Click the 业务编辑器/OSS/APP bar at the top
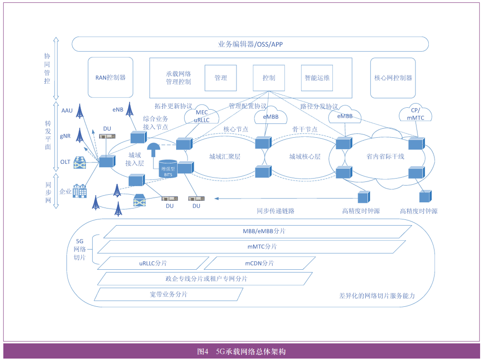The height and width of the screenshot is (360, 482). pos(250,44)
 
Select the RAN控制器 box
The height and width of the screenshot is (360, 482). pos(111,77)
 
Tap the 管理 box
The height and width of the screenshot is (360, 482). pos(220,78)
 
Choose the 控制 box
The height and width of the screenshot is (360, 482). pos(269,78)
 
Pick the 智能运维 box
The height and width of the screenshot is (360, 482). pos(317,78)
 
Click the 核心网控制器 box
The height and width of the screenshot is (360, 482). pos(393,78)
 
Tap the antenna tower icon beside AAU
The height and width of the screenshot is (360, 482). pos(80,112)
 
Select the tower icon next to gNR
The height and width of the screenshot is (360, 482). pos(80,136)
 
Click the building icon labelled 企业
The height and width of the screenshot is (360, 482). pos(79,191)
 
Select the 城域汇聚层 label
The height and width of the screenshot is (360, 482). pos(225,157)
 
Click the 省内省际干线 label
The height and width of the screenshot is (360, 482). pos(385,157)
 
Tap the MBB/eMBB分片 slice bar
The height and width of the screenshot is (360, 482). pos(257,232)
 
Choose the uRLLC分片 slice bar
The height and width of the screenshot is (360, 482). pos(153,263)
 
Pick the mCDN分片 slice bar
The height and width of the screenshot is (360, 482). pos(259,263)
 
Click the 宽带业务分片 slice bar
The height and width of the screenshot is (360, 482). pos(168,294)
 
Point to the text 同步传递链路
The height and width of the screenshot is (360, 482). pos(275,211)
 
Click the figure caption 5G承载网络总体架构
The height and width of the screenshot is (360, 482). pos(250,352)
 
